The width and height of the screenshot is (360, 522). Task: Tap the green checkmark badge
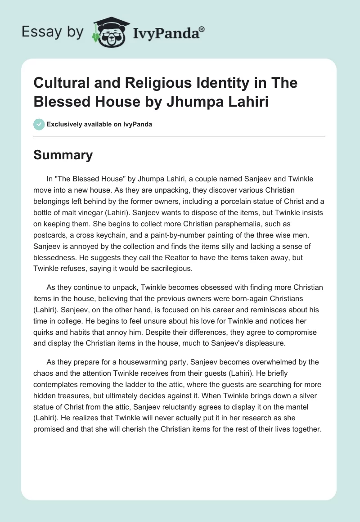[x=39, y=125]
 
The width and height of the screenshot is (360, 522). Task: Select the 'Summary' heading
[x=63, y=155]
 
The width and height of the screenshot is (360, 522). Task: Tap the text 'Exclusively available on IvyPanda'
[x=99, y=125]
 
